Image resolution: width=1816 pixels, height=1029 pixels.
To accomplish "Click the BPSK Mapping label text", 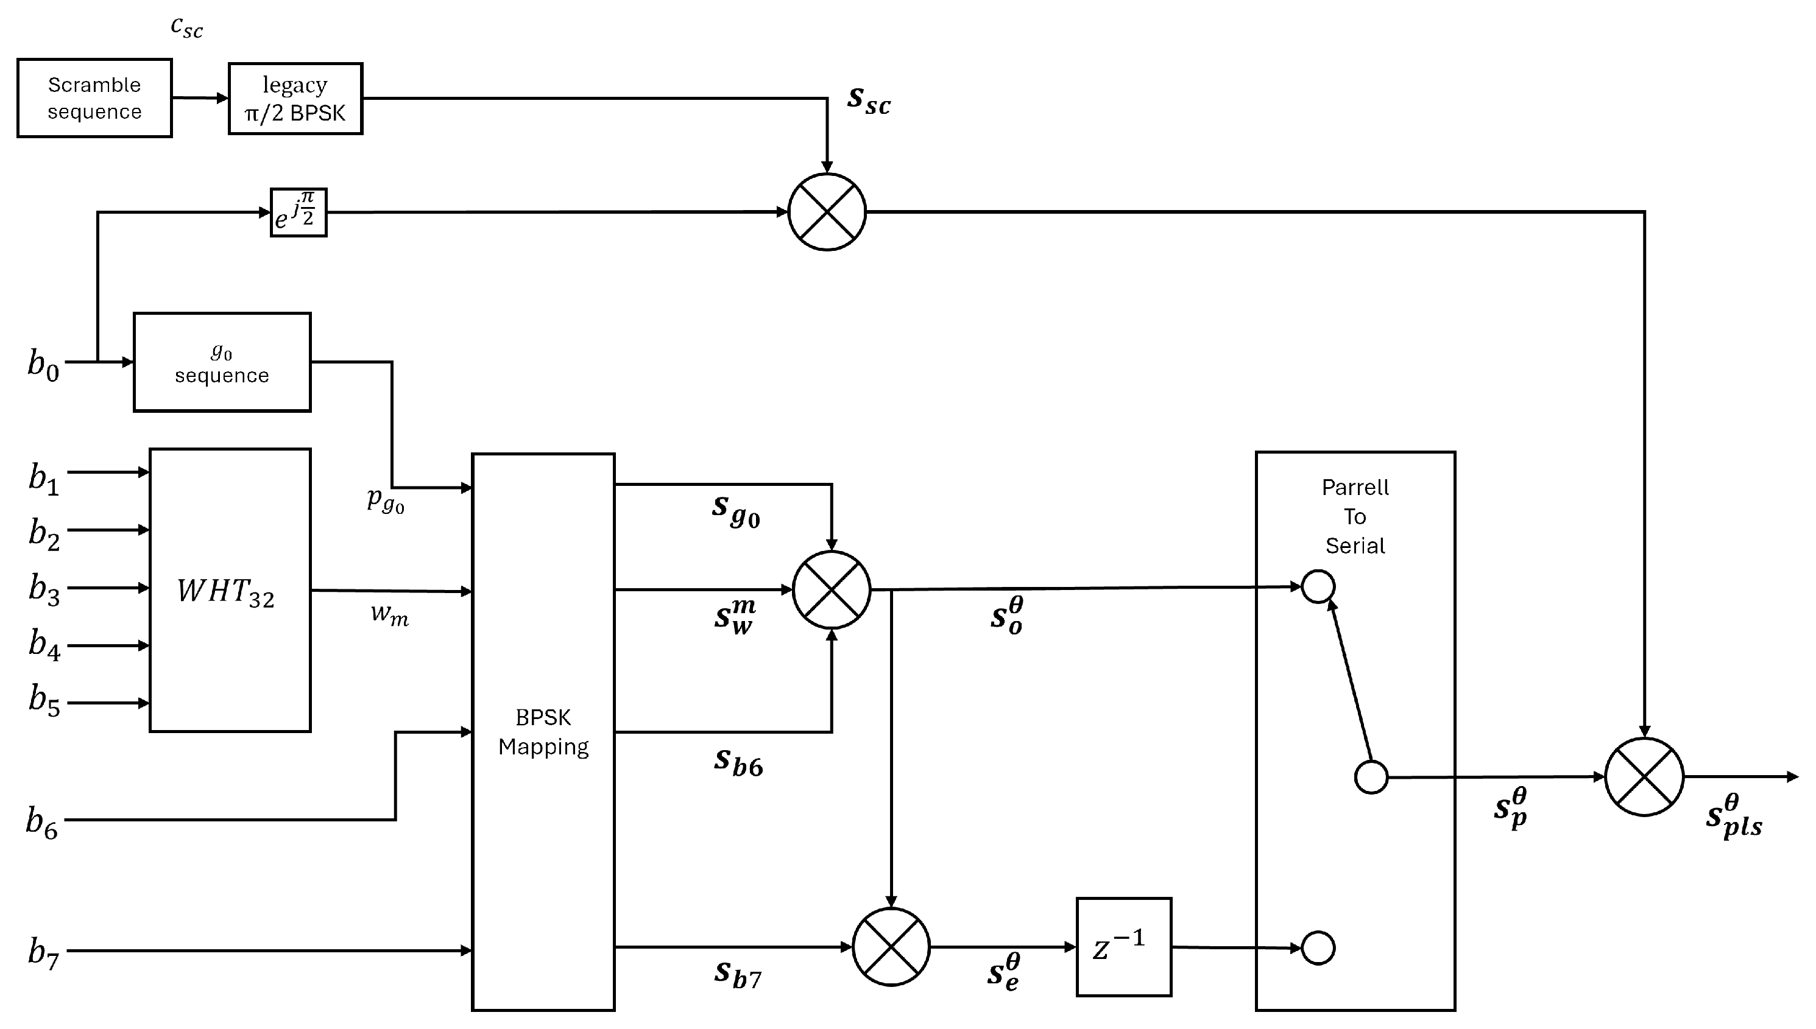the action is (x=543, y=732).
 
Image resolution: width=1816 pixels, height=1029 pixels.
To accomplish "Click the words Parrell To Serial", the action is (x=1355, y=516).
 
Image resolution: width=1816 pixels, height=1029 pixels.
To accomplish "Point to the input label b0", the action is (x=43, y=364).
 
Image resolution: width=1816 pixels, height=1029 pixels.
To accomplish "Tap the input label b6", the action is (x=41, y=823).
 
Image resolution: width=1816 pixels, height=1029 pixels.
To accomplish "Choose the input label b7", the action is (x=43, y=953).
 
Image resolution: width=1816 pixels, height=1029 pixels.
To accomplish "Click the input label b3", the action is (x=44, y=589).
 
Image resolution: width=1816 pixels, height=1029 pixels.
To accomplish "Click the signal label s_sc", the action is (x=869, y=101).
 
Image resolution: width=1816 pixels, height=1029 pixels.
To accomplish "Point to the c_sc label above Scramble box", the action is (x=186, y=27).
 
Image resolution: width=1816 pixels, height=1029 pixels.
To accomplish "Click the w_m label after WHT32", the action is (x=389, y=614).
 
